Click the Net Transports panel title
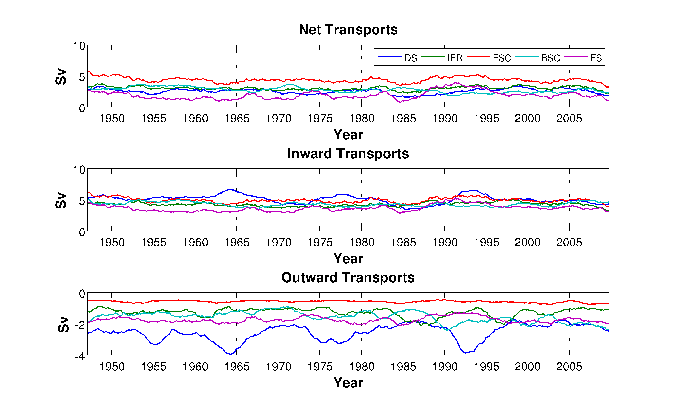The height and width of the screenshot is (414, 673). [348, 30]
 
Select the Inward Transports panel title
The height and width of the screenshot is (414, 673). [348, 153]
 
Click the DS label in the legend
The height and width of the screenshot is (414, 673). [411, 58]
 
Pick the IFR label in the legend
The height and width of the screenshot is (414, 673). [455, 58]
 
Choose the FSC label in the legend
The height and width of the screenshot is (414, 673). [502, 58]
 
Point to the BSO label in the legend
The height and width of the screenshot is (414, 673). [551, 58]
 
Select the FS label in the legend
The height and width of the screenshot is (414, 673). [596, 58]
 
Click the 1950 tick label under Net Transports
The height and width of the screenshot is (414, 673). [112, 119]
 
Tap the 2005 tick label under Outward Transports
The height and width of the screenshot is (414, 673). [569, 367]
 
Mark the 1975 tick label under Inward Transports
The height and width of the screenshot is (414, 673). [320, 243]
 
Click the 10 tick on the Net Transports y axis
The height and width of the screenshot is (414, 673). [79, 46]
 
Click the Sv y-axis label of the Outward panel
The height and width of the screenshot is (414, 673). [64, 324]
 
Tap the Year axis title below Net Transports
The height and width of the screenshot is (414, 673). [348, 135]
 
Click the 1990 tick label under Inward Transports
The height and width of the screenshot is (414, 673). [445, 243]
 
